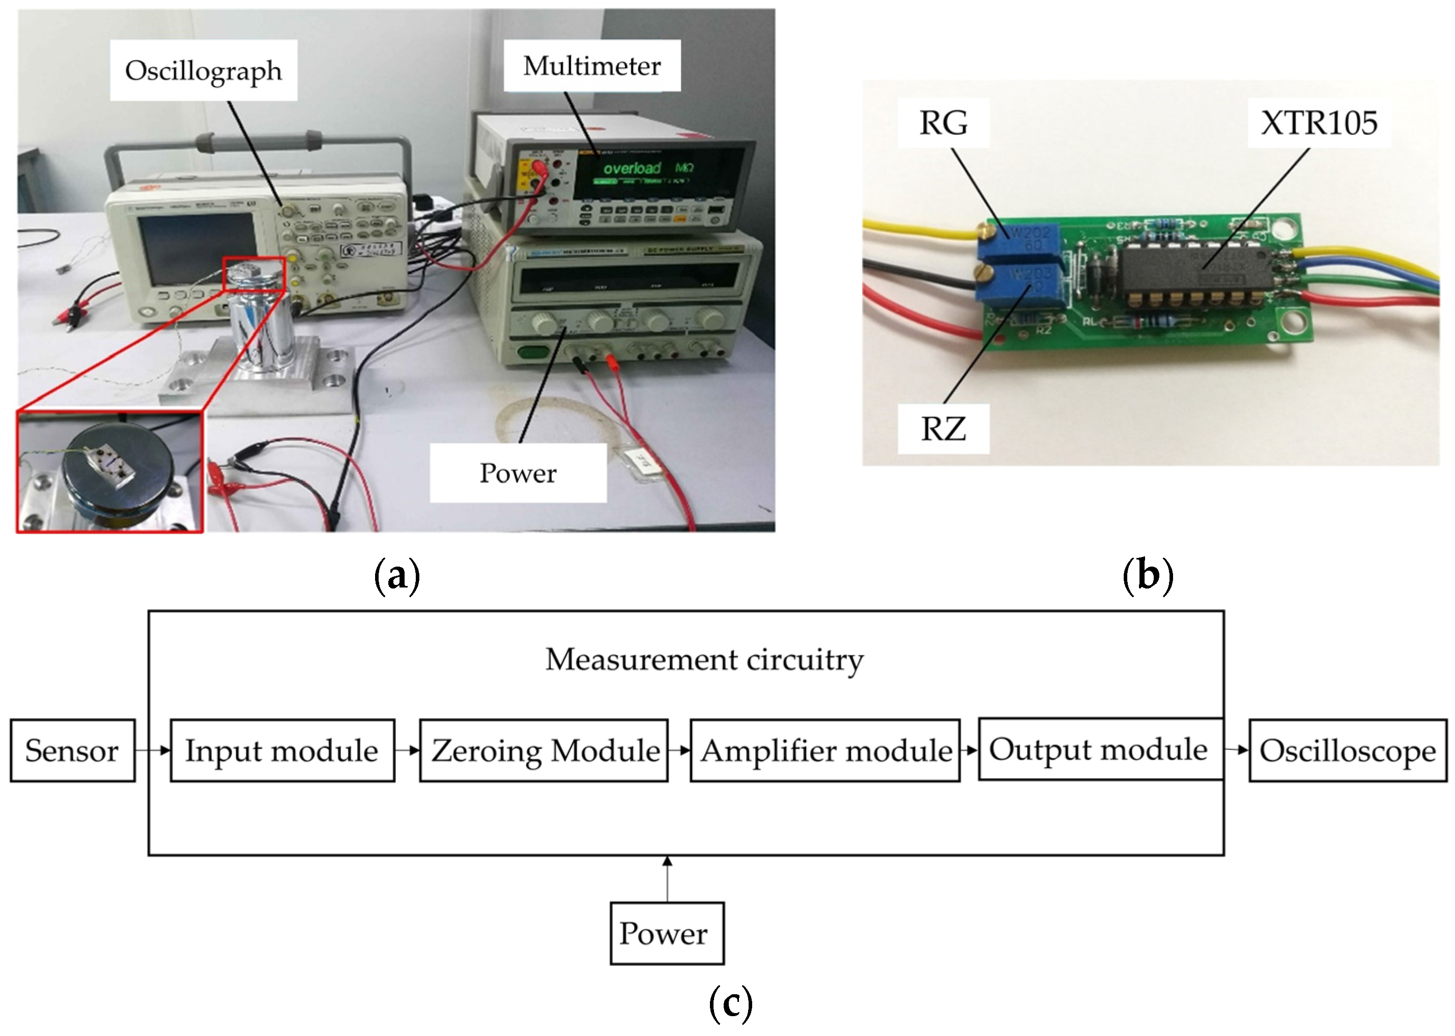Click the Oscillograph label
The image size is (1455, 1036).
click(203, 70)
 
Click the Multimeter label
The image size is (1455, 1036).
click(592, 66)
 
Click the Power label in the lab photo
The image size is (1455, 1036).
click(518, 473)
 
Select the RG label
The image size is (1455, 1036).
click(943, 123)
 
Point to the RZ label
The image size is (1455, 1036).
click(943, 428)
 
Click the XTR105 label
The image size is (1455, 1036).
click(1319, 123)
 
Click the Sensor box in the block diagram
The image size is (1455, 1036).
click(72, 750)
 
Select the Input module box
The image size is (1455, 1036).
click(282, 750)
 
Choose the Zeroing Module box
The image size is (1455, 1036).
click(544, 750)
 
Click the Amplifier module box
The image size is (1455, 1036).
click(825, 750)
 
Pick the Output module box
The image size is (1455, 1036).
click(1099, 749)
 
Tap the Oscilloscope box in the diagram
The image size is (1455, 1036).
click(1347, 750)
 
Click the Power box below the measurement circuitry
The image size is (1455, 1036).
click(666, 933)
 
